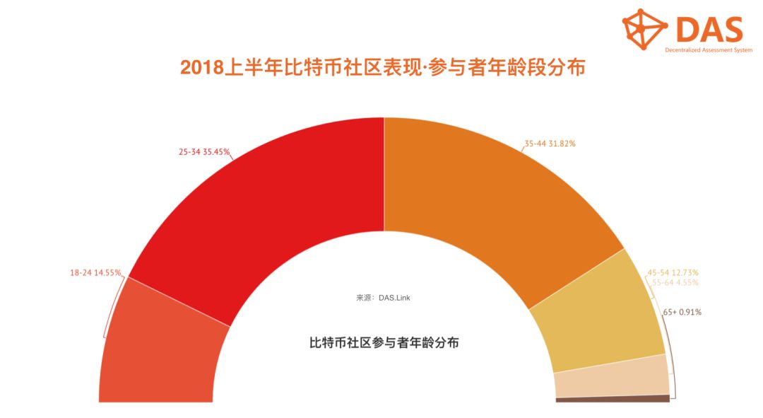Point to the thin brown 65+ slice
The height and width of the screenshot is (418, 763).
click(612, 399)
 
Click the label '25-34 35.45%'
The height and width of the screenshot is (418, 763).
click(205, 151)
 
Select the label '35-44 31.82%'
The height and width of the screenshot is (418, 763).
click(550, 144)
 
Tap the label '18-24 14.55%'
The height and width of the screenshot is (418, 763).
click(95, 272)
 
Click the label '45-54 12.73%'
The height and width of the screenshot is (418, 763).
click(673, 272)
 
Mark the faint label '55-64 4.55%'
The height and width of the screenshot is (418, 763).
click(675, 282)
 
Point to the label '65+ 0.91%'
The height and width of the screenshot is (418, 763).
click(682, 311)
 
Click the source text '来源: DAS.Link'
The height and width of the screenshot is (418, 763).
click(383, 298)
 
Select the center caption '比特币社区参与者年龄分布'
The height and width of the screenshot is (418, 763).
click(384, 343)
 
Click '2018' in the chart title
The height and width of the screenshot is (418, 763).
click(201, 68)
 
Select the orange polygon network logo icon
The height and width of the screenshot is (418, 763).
click(644, 29)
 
